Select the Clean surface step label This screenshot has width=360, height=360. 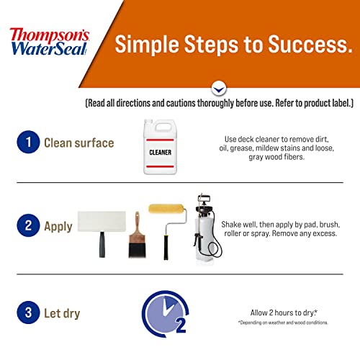pos(79,143)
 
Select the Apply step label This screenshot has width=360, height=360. pos(58,226)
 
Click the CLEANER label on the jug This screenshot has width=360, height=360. pos(160,152)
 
